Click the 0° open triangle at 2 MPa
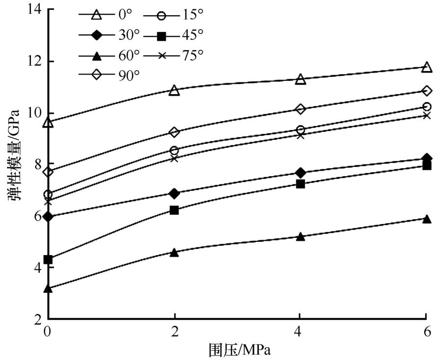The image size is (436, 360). click(x=174, y=90)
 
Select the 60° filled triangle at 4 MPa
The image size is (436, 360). click(x=301, y=236)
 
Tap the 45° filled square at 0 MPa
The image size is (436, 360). click(x=48, y=259)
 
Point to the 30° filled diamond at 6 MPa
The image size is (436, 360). click(x=427, y=158)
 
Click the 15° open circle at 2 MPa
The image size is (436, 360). click(x=174, y=151)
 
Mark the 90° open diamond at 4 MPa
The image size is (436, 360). click(x=301, y=109)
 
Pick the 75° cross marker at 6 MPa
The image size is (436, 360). click(x=427, y=116)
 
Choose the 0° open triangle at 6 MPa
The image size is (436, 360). click(x=427, y=67)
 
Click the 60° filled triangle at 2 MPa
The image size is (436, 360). click(x=174, y=252)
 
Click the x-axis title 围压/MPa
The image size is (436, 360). click(x=240, y=350)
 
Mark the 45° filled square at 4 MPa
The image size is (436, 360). click(x=301, y=184)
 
